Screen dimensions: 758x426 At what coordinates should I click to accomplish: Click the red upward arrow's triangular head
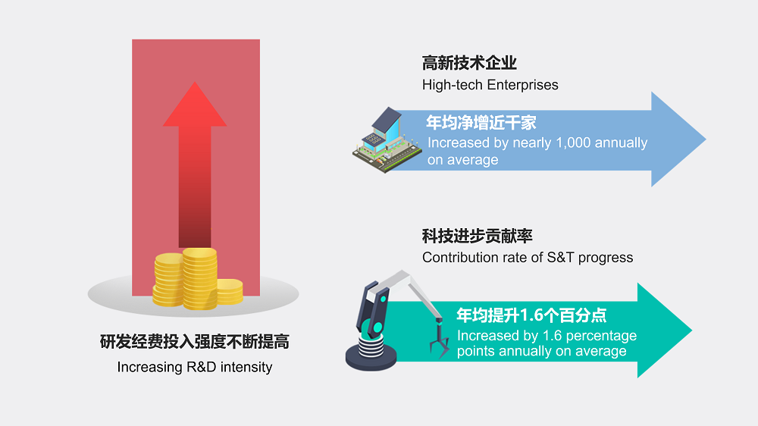tap(195, 108)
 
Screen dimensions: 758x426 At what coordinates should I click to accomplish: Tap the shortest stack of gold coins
tap(230, 292)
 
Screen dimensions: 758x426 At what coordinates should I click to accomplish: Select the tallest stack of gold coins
tap(199, 278)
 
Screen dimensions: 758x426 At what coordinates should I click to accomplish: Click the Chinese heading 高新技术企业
tap(469, 63)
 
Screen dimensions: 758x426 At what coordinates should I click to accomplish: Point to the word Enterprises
tap(522, 85)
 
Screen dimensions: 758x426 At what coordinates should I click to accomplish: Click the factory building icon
tap(387, 139)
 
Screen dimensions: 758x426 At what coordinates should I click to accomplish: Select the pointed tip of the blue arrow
tap(705, 139)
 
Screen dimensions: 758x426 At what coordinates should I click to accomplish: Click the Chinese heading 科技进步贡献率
tap(477, 236)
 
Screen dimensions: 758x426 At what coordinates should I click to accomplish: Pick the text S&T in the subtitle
tap(560, 258)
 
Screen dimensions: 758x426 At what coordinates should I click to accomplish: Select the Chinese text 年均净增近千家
tap(481, 123)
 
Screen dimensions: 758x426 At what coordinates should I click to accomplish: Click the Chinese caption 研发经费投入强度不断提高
tap(194, 342)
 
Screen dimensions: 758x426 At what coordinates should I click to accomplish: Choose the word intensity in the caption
tap(246, 368)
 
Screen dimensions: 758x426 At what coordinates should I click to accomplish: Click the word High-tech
tap(453, 85)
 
